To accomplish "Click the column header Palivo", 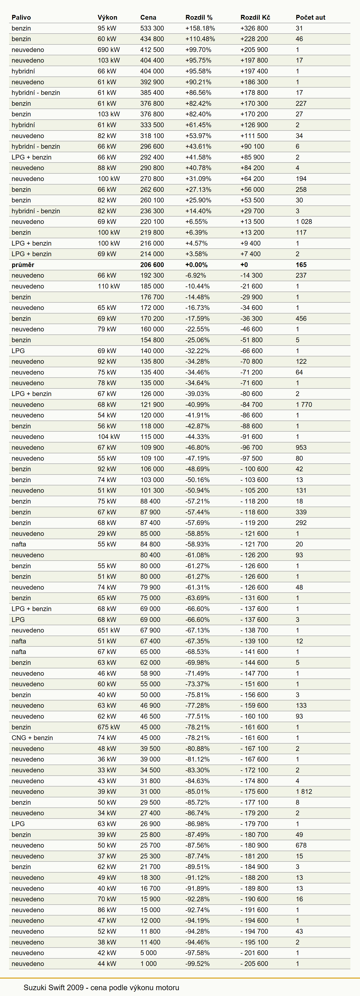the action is pos(21,17).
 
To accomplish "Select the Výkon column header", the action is pos(108,17).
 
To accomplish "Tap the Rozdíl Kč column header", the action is pos(255,17).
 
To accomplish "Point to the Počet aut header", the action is pos(311,17).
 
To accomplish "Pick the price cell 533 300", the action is pos(152,28).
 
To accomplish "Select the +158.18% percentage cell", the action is pos(200,28).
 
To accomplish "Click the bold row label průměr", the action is pos(23,265).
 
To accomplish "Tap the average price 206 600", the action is pos(152,265).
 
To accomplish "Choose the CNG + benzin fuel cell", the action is pos(32,738).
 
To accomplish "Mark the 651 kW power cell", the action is pos(109,630).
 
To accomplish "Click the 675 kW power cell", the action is pos(109,727).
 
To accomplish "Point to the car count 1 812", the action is pos(304,792).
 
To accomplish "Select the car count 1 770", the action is pos(304,404).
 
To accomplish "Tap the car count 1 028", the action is pos(304,222).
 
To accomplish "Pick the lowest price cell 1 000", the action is pos(148,963).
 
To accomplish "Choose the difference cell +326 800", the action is pos(254,28).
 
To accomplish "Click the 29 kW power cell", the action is pos(107,534).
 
